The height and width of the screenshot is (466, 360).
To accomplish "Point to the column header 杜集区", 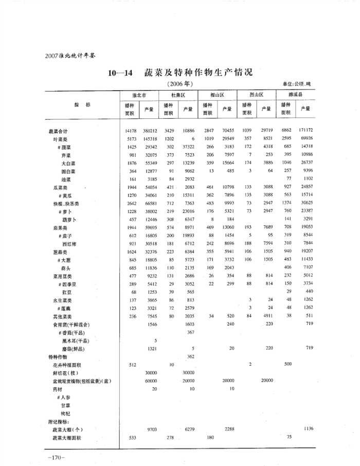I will point(178,96).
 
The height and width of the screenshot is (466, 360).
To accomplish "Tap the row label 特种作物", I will point(58,356).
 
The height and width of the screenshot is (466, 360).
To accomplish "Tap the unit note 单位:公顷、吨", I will point(297,84).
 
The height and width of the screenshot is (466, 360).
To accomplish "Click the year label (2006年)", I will point(181,83).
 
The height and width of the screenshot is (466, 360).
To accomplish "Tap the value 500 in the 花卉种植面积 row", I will point(288,364).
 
